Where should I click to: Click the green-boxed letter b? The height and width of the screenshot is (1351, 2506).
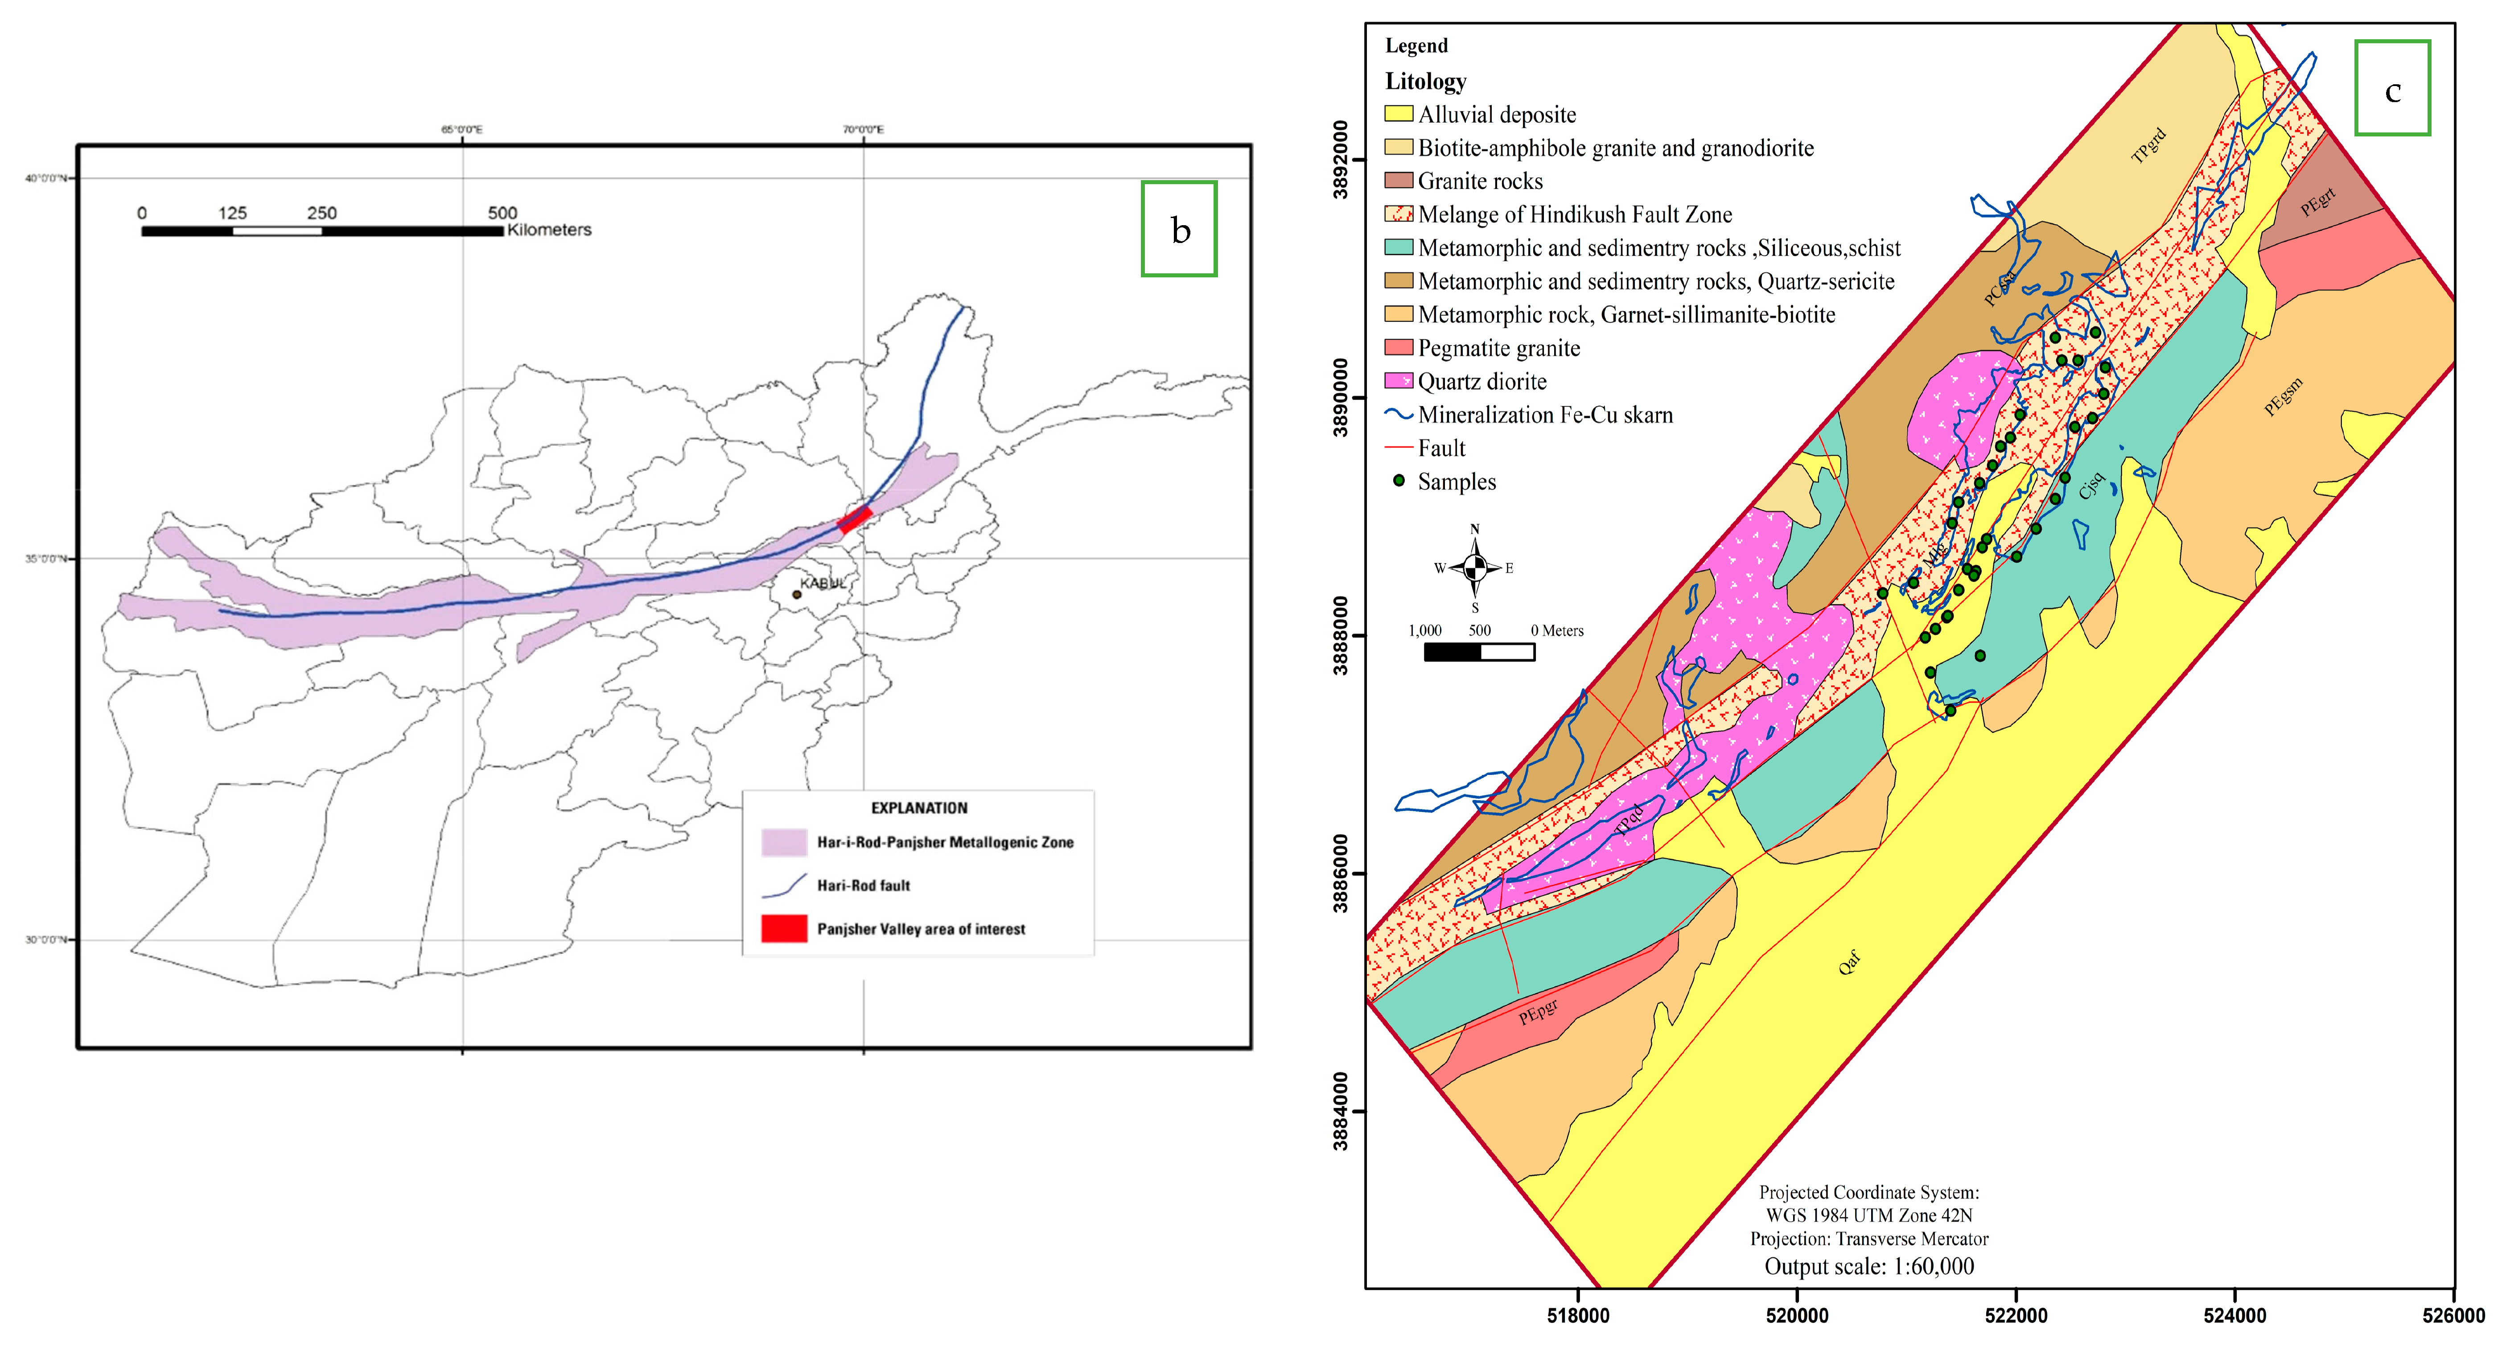tap(1179, 230)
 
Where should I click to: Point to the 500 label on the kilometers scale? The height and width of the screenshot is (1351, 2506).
tap(502, 212)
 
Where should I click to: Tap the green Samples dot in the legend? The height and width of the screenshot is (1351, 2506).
tap(1399, 481)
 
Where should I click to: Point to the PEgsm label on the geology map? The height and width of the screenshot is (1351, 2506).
tap(2283, 397)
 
